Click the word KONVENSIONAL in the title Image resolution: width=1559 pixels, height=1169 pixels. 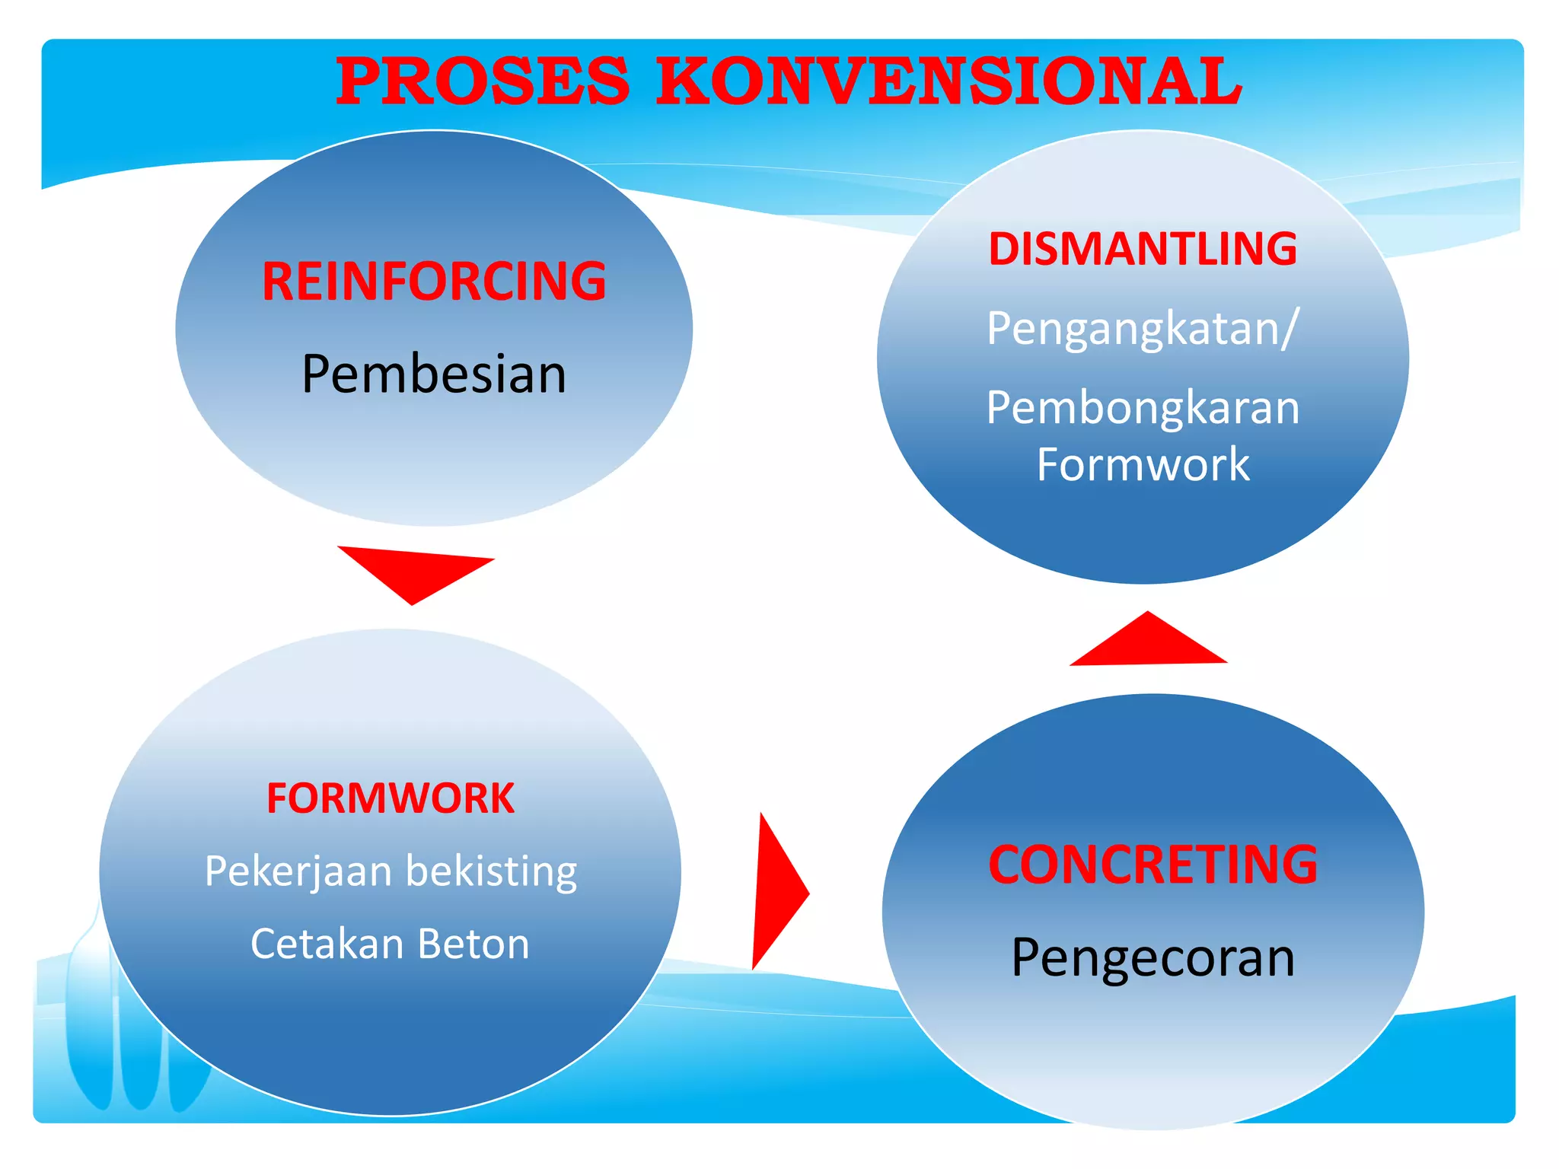[x=948, y=81]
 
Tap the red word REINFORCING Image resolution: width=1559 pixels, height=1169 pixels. [x=434, y=282]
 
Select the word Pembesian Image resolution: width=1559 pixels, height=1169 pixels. [x=434, y=374]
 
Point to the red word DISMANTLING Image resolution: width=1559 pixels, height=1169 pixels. [x=1143, y=249]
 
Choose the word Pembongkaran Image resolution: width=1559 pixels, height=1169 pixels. [x=1143, y=408]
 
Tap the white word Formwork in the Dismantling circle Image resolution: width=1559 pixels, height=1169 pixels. [x=1143, y=464]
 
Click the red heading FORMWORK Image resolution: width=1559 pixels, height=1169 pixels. [x=391, y=798]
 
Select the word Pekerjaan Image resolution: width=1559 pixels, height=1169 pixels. [x=298, y=871]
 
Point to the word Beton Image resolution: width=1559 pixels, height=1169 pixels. [x=473, y=944]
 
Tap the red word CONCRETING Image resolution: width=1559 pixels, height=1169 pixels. [x=1153, y=865]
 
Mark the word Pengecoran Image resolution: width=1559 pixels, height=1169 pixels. [x=1153, y=958]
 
